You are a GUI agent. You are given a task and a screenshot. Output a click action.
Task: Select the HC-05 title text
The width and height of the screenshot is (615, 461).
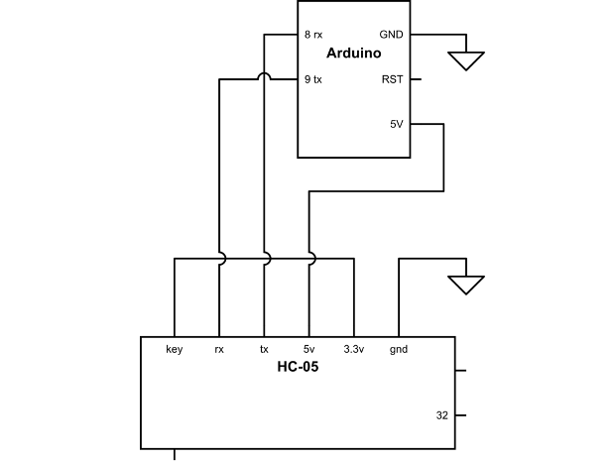[298, 367]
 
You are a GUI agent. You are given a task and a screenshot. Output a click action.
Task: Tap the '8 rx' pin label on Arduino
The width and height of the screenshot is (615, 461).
[313, 35]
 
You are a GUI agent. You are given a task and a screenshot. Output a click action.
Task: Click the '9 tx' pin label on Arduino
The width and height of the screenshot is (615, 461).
[313, 79]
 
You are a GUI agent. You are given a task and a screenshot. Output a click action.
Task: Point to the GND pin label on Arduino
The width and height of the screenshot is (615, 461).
[391, 35]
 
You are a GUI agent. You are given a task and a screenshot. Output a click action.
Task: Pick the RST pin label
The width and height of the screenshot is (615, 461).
[392, 79]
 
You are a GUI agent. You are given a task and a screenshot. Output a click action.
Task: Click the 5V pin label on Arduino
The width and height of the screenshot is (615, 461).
[396, 125]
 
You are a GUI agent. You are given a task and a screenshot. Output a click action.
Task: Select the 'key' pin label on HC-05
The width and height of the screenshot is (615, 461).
[175, 349]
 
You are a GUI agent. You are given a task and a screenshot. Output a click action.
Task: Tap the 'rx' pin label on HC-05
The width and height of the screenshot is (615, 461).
[219, 349]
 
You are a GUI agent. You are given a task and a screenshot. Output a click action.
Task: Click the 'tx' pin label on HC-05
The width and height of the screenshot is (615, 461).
[264, 349]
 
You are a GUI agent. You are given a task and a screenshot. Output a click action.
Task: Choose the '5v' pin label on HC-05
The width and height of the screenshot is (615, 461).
[308, 349]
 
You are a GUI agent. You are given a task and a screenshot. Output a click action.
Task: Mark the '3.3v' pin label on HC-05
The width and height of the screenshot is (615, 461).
[353, 349]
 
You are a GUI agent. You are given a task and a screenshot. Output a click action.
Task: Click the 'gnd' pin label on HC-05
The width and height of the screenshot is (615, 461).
[398, 349]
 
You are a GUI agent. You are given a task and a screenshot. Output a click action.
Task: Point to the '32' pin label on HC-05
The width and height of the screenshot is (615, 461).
[442, 415]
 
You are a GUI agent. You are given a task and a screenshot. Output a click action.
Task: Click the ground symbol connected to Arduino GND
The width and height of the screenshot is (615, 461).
[464, 60]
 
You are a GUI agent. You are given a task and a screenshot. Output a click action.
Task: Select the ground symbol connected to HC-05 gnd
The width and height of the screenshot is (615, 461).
[464, 285]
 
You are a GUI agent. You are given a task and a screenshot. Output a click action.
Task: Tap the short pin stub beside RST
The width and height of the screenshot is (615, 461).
[415, 79]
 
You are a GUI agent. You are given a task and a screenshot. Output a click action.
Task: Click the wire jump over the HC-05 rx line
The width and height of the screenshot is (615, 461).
[219, 259]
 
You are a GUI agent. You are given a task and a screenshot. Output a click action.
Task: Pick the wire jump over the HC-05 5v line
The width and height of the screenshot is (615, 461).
[309, 259]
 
